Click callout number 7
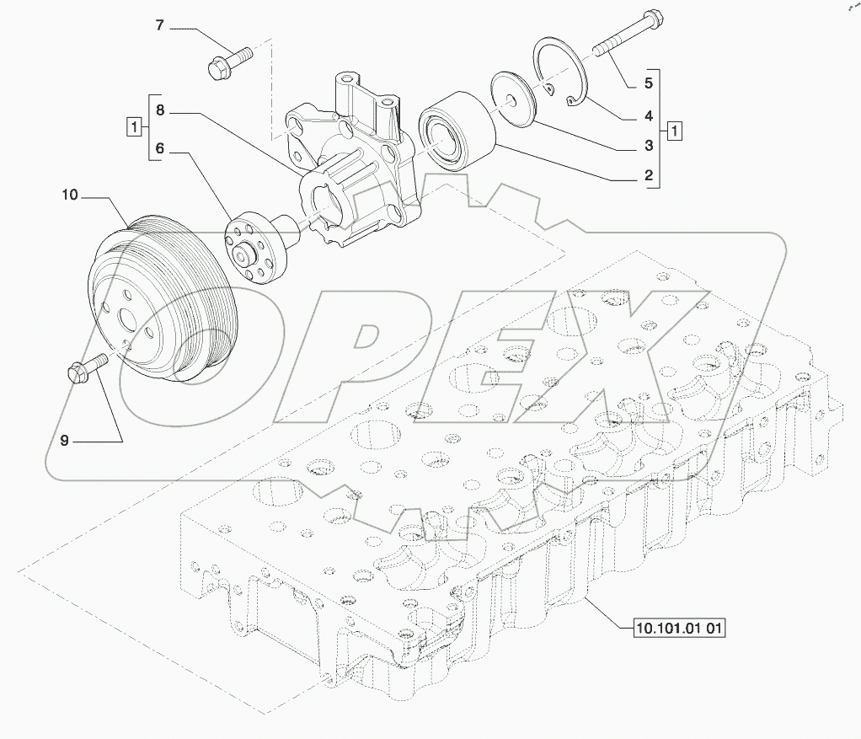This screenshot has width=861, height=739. [159, 25]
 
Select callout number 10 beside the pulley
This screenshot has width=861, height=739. [70, 195]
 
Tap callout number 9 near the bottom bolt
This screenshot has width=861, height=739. [65, 441]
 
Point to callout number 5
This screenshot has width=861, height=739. [649, 83]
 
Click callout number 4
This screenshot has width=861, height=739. [649, 115]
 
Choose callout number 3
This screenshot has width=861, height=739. [649, 146]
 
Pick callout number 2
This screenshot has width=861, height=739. [649, 175]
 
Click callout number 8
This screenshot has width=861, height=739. [160, 110]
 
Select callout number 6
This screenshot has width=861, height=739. [160, 148]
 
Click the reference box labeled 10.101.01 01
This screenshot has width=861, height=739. [679, 627]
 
